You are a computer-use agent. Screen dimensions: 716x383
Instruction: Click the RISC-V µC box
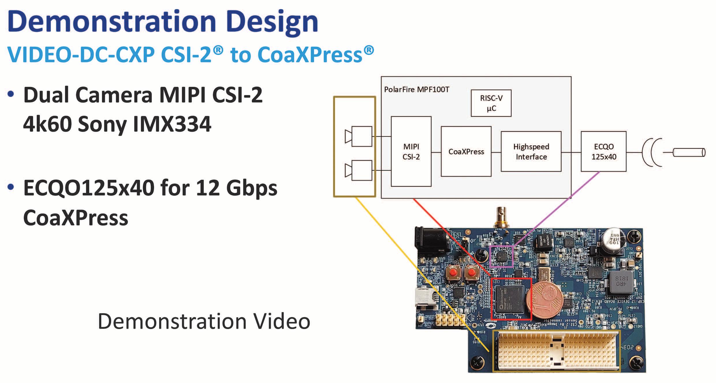(491, 103)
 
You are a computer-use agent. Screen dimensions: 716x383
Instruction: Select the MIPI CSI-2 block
(411, 151)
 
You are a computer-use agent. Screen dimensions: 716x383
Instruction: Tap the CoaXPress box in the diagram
(466, 151)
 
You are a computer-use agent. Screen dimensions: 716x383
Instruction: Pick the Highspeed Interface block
(531, 151)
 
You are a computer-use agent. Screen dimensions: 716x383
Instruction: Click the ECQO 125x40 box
(603, 151)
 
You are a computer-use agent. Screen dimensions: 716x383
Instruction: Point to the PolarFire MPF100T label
(416, 89)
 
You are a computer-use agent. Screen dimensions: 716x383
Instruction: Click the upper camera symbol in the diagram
(359, 136)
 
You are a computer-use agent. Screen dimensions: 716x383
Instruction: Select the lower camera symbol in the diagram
(359, 170)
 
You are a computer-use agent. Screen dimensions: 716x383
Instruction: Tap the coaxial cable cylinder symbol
(689, 152)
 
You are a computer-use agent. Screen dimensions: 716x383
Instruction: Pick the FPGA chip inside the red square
(510, 300)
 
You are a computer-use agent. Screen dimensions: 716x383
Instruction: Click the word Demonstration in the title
(112, 22)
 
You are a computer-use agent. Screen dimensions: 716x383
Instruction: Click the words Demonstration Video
(204, 321)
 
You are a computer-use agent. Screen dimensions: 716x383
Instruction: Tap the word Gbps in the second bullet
(251, 188)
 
